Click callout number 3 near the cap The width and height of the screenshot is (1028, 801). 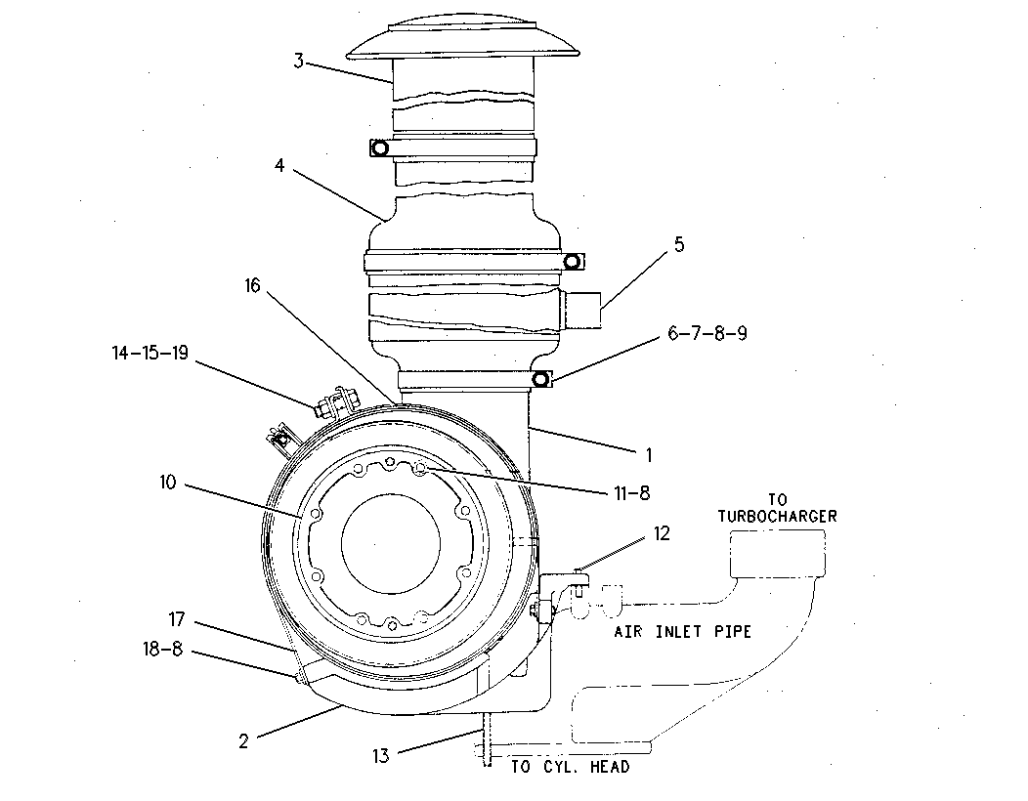[x=298, y=62]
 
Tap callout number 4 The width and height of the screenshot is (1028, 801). [x=279, y=166]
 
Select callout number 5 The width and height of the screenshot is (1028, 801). [x=679, y=244]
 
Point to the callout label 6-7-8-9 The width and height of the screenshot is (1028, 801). [x=707, y=333]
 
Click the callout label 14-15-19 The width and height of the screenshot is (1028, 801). [x=150, y=353]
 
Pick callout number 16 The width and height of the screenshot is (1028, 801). [x=252, y=286]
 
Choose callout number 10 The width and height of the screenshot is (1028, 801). [x=168, y=483]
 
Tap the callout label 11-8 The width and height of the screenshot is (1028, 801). [x=632, y=493]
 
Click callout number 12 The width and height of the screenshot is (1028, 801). [x=663, y=533]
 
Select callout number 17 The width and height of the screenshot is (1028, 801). [x=177, y=618]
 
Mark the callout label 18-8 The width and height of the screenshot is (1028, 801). [x=162, y=650]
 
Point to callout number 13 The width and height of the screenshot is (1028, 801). [x=381, y=756]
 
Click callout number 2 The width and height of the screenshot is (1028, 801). [x=244, y=741]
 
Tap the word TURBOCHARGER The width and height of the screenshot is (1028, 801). [x=778, y=517]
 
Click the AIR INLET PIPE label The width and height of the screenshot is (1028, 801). [x=682, y=631]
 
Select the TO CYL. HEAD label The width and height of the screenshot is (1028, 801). [x=571, y=766]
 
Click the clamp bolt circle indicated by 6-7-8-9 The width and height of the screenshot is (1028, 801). [x=540, y=379]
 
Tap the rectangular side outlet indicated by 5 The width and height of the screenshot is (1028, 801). [x=580, y=310]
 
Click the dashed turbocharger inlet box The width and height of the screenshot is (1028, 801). [x=778, y=554]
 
